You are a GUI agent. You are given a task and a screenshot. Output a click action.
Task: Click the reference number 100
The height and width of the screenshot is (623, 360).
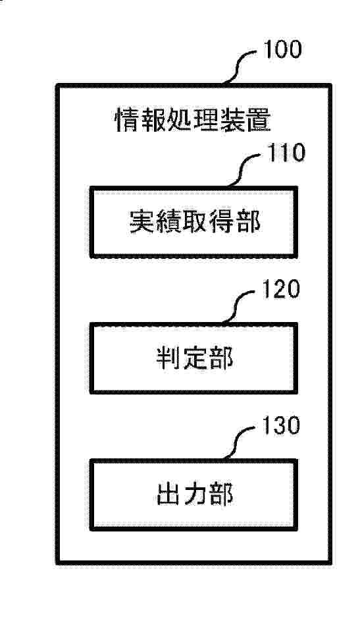[283, 49]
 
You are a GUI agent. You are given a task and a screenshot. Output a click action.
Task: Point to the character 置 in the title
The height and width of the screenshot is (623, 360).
[259, 120]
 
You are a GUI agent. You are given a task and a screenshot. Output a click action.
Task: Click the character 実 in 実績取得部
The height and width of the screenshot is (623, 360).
[141, 221]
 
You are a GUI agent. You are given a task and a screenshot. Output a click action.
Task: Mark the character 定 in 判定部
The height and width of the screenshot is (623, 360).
[193, 358]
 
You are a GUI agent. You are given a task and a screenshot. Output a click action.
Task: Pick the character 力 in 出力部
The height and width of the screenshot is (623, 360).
[193, 495]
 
